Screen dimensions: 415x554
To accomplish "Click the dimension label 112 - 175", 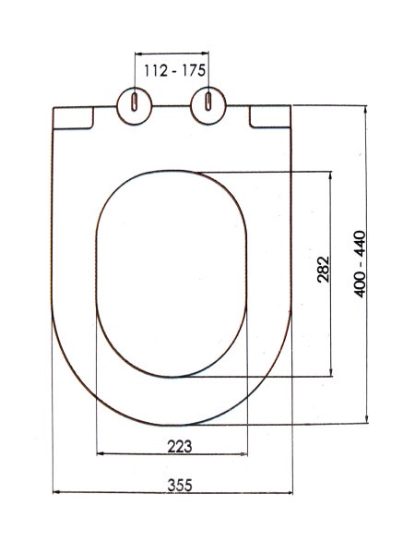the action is pyautogui.click(x=174, y=71).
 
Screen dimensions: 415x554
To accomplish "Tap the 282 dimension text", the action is pyautogui.click(x=324, y=270).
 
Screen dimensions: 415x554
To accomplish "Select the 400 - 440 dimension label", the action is pyautogui.click(x=360, y=264).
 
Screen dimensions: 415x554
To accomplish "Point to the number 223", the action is pyautogui.click(x=180, y=447).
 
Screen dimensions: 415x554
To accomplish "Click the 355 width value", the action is pyautogui.click(x=180, y=485).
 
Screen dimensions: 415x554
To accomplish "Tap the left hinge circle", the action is pyautogui.click(x=135, y=106).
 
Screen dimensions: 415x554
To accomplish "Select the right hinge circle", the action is pyautogui.click(x=208, y=105).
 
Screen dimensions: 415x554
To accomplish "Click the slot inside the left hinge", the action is pyautogui.click(x=135, y=102).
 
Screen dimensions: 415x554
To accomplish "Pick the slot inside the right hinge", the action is pyautogui.click(x=208, y=102).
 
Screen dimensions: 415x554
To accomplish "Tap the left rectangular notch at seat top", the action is pyautogui.click(x=73, y=117).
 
